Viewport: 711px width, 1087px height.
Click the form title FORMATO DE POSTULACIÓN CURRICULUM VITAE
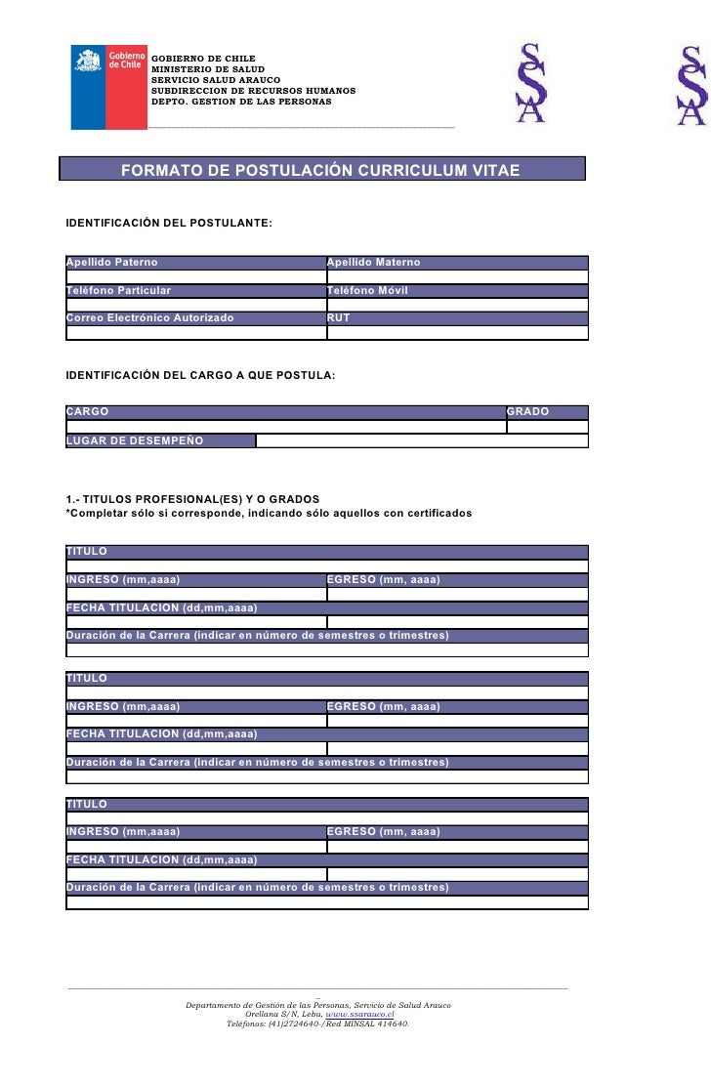point(320,170)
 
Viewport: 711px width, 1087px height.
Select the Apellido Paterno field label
point(111,263)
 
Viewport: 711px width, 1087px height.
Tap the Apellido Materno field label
point(373,263)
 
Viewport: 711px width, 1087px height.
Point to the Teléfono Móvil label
point(367,291)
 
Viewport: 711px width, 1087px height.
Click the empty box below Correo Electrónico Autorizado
point(195,332)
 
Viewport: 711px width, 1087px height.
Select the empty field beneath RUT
point(457,332)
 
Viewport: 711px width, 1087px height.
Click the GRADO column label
point(527,412)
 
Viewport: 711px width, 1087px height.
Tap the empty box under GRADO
point(547,426)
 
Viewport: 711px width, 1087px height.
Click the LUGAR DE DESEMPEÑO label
point(135,440)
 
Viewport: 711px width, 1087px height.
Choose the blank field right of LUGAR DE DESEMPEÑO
point(422,440)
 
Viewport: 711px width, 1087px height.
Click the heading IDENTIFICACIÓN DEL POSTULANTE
point(169,225)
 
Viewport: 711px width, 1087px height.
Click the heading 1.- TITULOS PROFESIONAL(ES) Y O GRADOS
point(192,499)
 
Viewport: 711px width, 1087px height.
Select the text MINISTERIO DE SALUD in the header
point(201,69)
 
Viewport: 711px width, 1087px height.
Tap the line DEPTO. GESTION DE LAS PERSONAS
point(241,102)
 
